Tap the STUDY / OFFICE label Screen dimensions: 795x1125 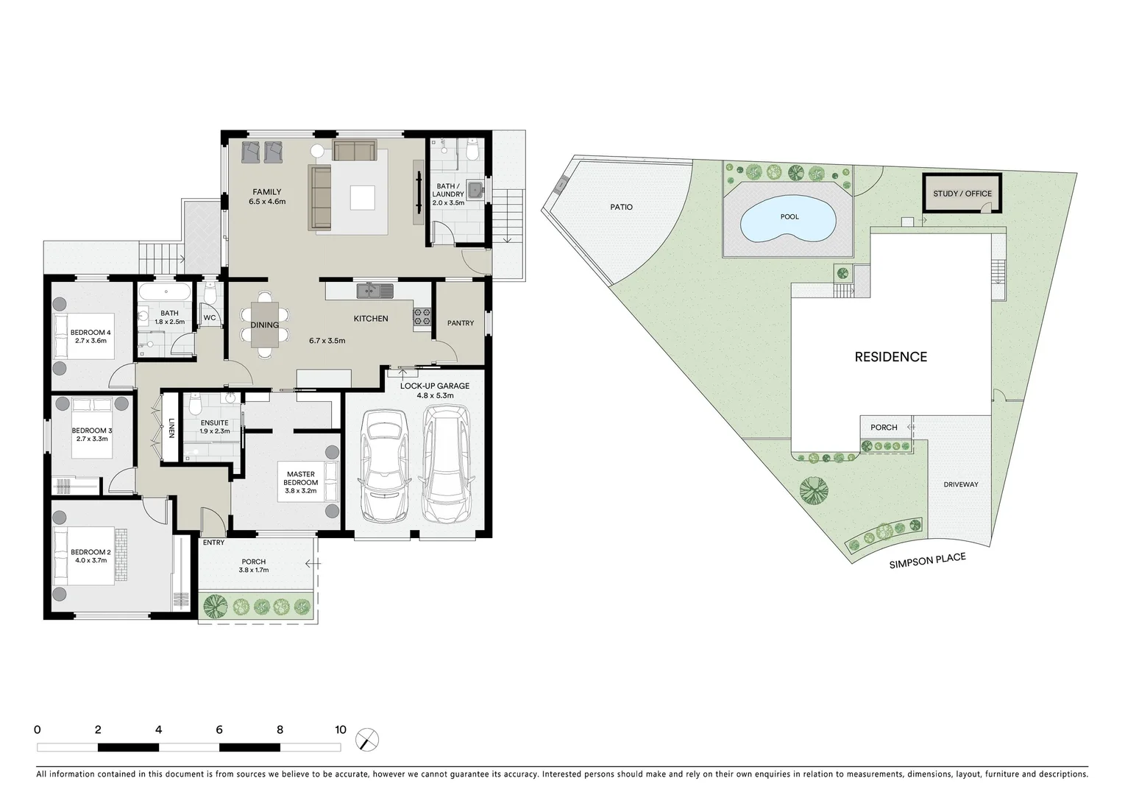click(x=962, y=194)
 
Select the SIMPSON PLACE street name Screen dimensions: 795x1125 click(x=926, y=562)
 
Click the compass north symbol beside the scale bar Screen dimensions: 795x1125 click(x=366, y=739)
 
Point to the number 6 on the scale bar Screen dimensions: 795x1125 click(x=219, y=730)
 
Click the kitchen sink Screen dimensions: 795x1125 click(x=375, y=291)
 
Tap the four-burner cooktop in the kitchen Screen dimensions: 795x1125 click(x=422, y=317)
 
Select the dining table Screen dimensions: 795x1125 click(x=265, y=325)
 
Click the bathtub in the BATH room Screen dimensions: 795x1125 click(x=166, y=293)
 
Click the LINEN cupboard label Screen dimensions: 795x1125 click(x=171, y=428)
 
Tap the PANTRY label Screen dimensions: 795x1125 click(x=461, y=323)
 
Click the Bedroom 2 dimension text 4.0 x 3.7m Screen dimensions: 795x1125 click(x=90, y=560)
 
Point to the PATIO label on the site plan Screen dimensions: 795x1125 click(x=621, y=207)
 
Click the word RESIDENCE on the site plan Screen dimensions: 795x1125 click(x=890, y=357)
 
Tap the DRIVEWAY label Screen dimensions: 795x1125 click(x=961, y=484)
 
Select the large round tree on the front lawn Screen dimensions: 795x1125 click(x=814, y=490)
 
